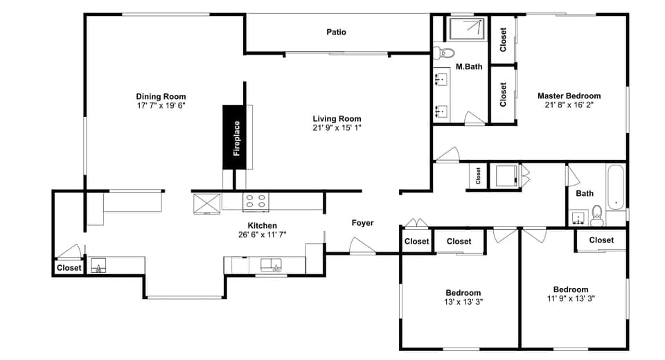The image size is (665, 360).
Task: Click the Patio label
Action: (337, 32)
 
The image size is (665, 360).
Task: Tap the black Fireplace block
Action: (236, 137)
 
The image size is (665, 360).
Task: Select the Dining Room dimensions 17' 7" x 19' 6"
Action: (161, 106)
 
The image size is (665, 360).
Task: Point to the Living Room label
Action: (337, 118)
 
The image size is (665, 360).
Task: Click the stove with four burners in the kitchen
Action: (255, 201)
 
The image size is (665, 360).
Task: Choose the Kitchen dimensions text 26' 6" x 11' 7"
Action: (263, 235)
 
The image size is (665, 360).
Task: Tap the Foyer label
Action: (362, 223)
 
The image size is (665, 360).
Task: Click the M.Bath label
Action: (469, 67)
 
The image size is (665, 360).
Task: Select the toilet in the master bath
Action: (444, 53)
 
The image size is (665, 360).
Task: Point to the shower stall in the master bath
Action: (468, 28)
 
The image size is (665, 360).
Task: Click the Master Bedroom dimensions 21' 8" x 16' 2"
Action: (569, 105)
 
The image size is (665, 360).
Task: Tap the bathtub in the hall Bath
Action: (616, 187)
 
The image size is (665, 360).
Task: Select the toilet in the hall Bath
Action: (596, 216)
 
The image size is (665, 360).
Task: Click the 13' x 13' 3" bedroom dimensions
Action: (463, 302)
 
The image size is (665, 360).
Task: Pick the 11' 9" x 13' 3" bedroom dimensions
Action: (570, 299)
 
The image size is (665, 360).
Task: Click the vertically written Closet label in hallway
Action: (478, 176)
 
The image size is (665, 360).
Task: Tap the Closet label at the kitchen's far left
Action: (69, 267)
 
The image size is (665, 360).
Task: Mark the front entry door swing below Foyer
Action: (362, 246)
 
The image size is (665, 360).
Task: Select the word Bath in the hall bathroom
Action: (585, 193)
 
